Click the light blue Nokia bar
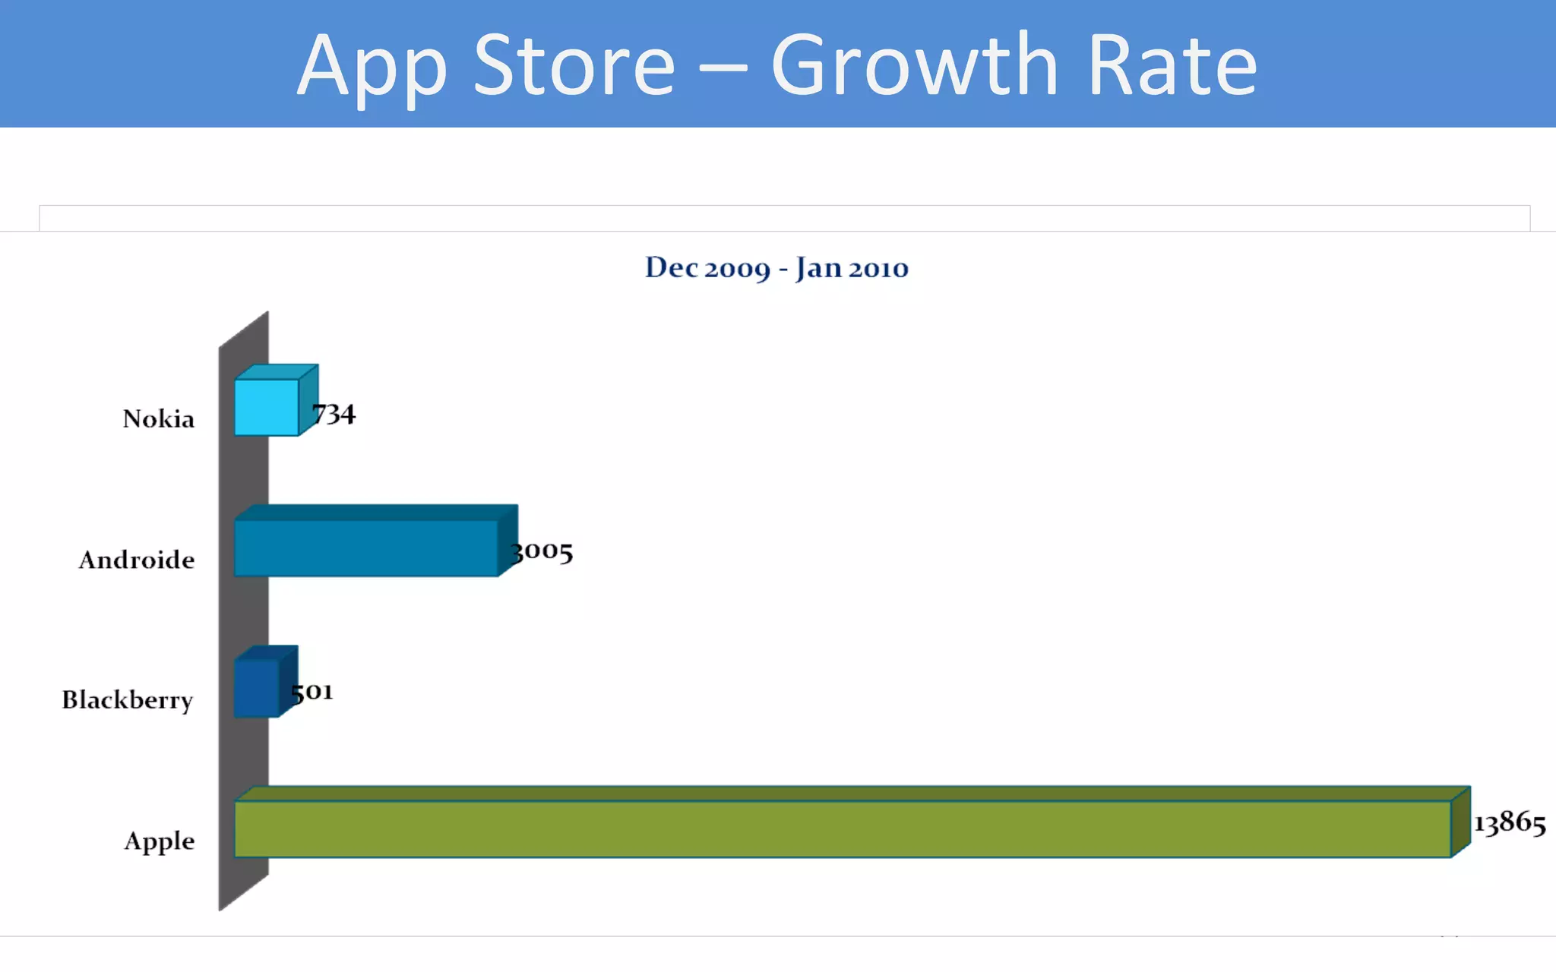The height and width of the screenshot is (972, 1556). [267, 407]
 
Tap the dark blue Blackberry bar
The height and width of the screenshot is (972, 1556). [257, 688]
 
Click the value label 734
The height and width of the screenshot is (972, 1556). [334, 415]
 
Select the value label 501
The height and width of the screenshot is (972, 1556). [312, 692]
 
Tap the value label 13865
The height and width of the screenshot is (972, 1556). [1510, 823]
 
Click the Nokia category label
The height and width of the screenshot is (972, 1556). [159, 419]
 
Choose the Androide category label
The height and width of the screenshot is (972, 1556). [137, 560]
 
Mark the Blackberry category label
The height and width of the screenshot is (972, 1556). [128, 700]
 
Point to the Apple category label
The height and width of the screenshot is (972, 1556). [160, 841]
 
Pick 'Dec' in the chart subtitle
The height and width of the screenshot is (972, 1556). [672, 267]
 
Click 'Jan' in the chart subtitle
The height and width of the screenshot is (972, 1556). [818, 268]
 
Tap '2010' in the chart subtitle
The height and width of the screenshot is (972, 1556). [878, 268]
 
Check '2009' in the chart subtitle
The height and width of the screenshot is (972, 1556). [737, 269]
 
